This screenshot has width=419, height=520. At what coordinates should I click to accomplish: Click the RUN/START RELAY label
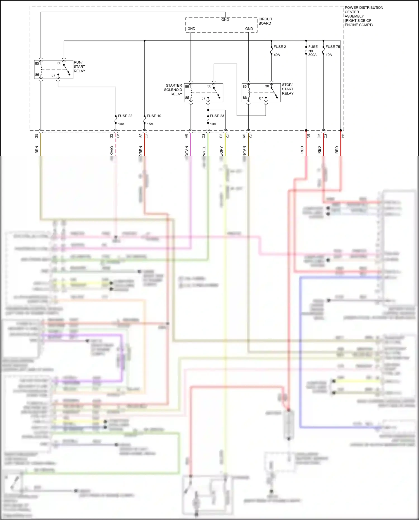79,67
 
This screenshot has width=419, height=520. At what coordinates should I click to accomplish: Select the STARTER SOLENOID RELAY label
173,90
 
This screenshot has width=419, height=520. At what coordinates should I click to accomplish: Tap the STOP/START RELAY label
287,89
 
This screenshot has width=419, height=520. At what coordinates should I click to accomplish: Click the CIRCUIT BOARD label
265,21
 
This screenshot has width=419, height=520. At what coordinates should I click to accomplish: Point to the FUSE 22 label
125,116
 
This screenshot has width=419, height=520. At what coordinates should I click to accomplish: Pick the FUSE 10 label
154,116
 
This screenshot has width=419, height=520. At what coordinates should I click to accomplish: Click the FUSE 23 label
217,116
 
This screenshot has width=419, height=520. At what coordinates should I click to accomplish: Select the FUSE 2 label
280,47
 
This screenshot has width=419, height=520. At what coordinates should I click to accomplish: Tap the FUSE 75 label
332,47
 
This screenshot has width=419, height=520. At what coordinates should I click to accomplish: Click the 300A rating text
312,55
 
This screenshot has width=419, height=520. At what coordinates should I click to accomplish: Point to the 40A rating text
277,55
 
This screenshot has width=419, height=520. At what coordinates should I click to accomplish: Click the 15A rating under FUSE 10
150,124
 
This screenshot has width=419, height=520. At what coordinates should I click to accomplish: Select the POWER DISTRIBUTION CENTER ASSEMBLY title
363,16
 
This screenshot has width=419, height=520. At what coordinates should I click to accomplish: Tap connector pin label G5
37,136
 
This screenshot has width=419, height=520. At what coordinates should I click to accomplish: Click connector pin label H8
186,136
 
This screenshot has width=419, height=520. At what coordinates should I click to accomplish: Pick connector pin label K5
244,136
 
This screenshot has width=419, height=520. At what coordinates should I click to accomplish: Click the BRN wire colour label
37,150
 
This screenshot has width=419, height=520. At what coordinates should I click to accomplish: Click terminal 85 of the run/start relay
37,63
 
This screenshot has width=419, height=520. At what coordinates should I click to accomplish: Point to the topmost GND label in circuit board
225,20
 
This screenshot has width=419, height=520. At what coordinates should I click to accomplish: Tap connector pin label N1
343,136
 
